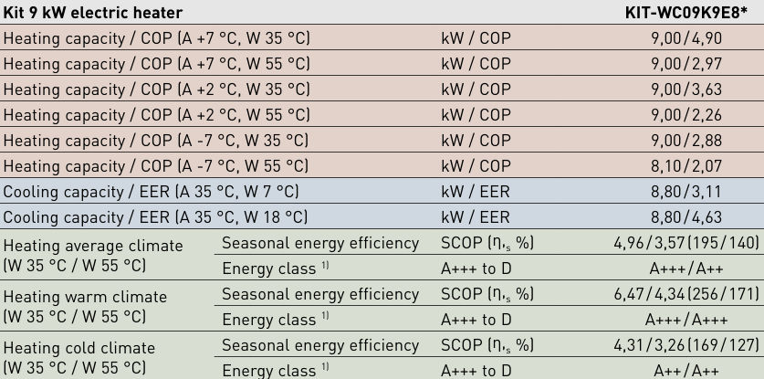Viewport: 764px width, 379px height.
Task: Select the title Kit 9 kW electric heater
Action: click(93, 12)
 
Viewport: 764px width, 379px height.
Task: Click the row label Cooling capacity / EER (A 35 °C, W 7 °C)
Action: click(151, 192)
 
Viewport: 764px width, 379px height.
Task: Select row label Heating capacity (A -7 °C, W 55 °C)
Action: click(156, 166)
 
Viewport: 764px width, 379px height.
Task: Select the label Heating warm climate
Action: click(86, 297)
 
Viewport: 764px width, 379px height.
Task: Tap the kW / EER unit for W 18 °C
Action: click(476, 217)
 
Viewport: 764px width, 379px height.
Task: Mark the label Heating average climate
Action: click(93, 246)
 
